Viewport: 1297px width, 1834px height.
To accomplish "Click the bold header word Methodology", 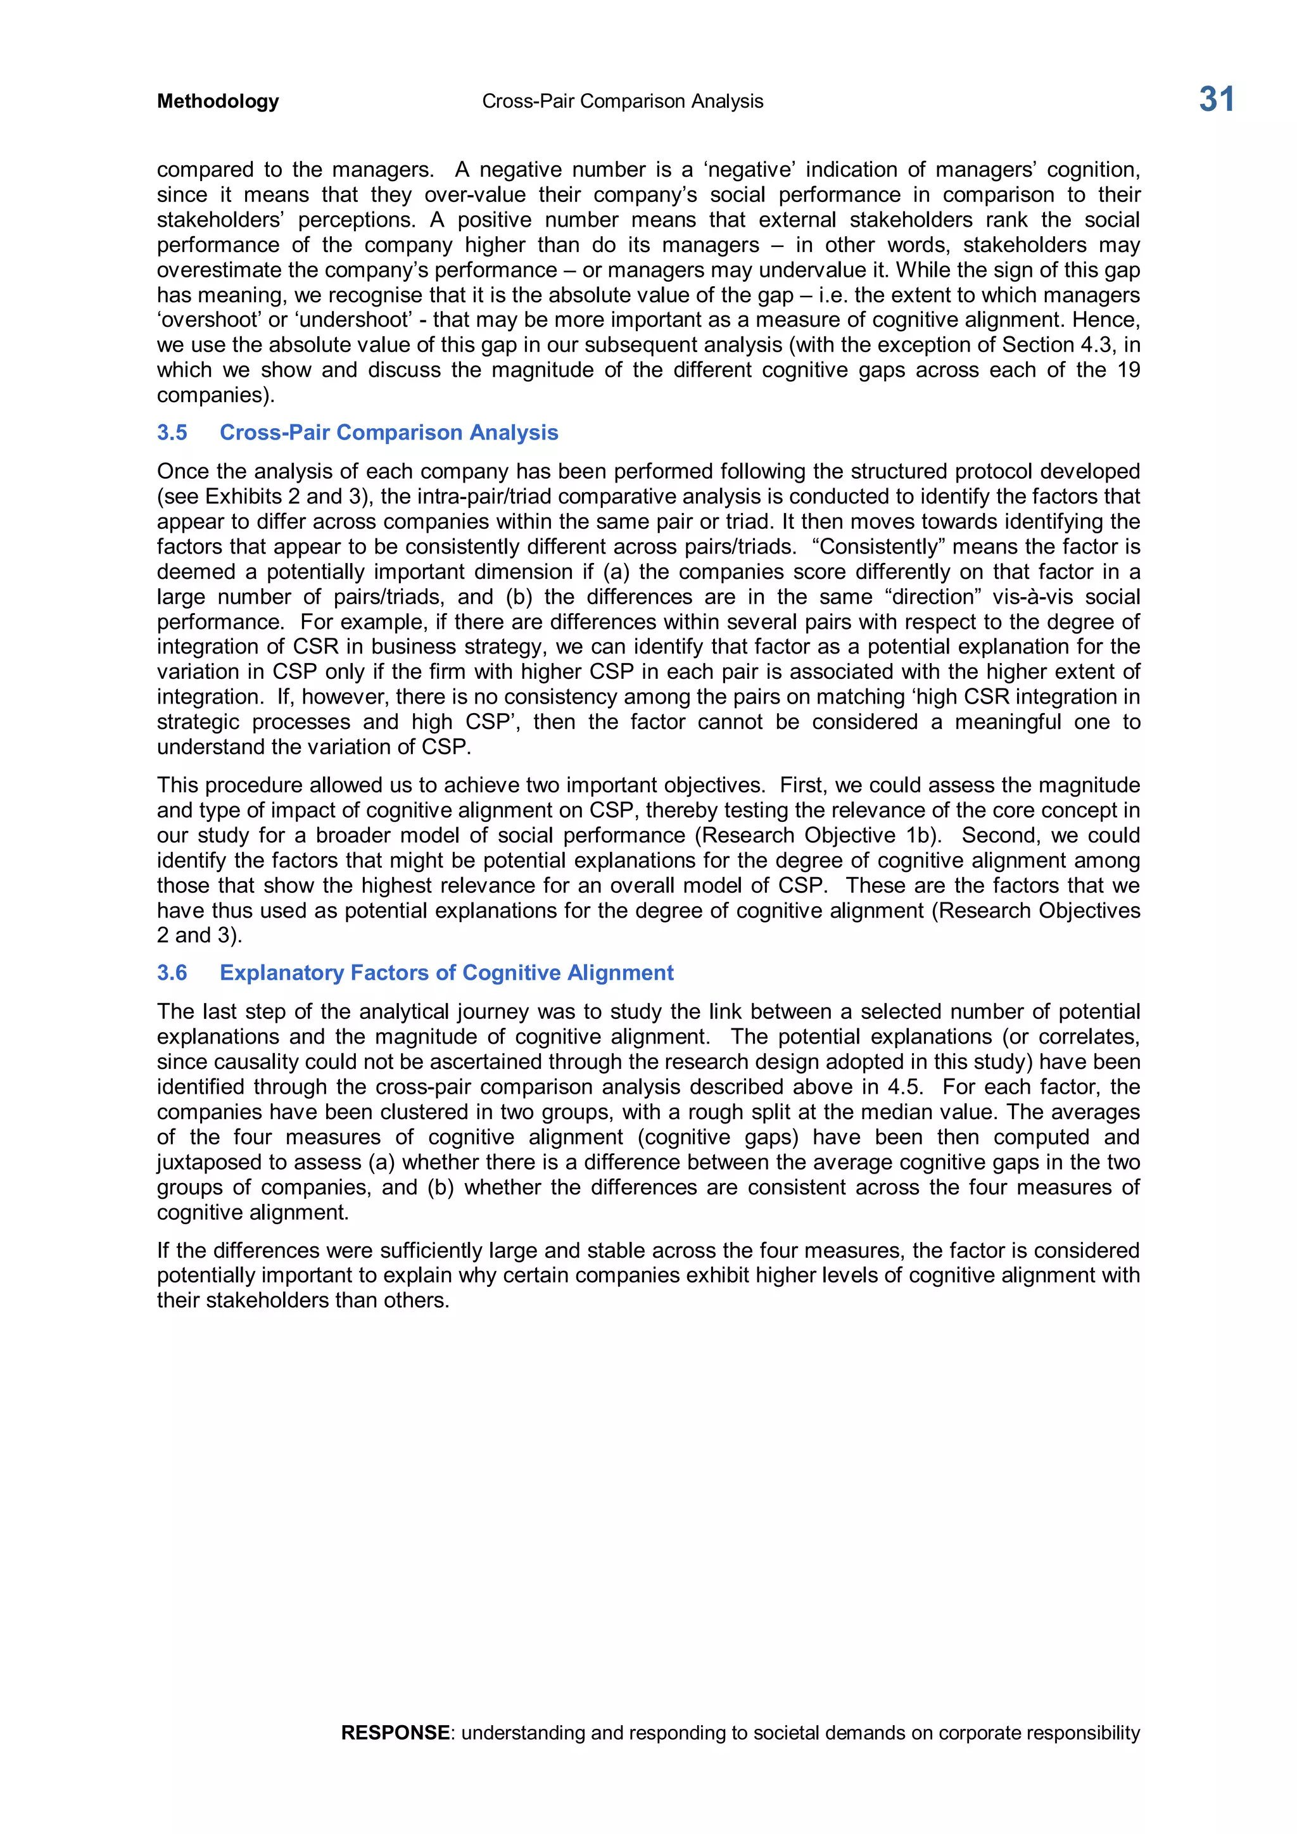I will (218, 101).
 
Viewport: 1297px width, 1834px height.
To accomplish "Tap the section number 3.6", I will (172, 972).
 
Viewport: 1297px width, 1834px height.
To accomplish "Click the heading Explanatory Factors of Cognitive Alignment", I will (446, 972).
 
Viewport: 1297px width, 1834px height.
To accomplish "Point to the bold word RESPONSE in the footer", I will (395, 1733).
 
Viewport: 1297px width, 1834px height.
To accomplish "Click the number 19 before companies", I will (1128, 370).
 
